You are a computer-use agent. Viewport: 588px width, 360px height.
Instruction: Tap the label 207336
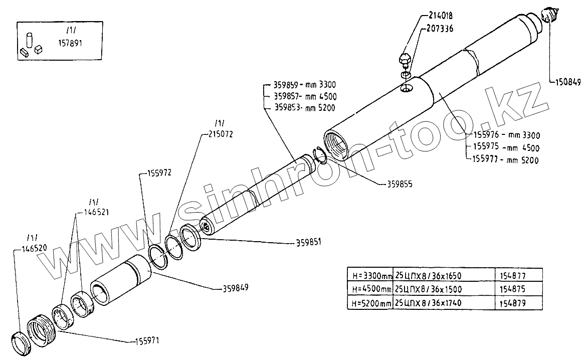[441, 29]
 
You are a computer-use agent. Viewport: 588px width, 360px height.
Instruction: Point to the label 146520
[34, 247]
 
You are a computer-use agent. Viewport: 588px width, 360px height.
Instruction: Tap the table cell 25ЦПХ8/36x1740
[428, 303]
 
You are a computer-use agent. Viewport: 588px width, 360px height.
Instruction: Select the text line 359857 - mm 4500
[305, 96]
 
